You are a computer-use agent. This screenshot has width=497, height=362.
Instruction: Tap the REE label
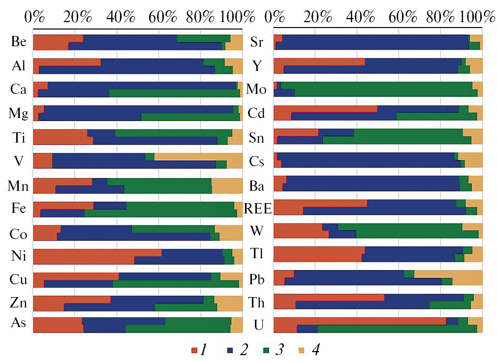[258, 209]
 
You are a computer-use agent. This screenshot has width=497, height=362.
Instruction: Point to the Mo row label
[256, 90]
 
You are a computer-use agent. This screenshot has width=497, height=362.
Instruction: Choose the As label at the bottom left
[18, 323]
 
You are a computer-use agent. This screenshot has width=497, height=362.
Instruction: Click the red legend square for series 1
[194, 350]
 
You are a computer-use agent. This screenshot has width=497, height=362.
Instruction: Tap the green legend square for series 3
[265, 350]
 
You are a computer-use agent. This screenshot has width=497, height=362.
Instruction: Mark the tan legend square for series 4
[302, 350]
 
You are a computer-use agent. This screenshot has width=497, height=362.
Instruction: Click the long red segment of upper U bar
[359, 321]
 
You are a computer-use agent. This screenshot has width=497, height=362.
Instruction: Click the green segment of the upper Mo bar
[376, 85]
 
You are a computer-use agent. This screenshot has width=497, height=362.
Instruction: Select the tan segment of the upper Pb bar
[448, 273]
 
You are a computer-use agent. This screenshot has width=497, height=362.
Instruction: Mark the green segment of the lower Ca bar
[174, 93]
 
